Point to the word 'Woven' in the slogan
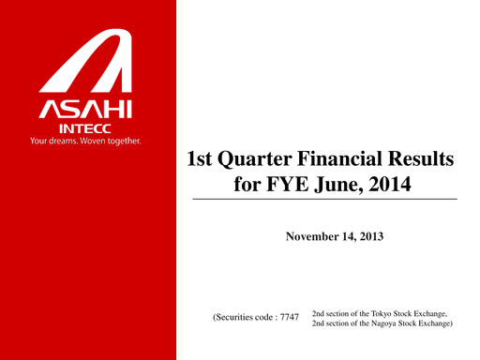pyautogui.click(x=104, y=142)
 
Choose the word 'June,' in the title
pyautogui.click(x=337, y=185)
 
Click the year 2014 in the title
pyautogui.click(x=389, y=184)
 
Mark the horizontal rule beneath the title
pyautogui.click(x=324, y=200)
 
